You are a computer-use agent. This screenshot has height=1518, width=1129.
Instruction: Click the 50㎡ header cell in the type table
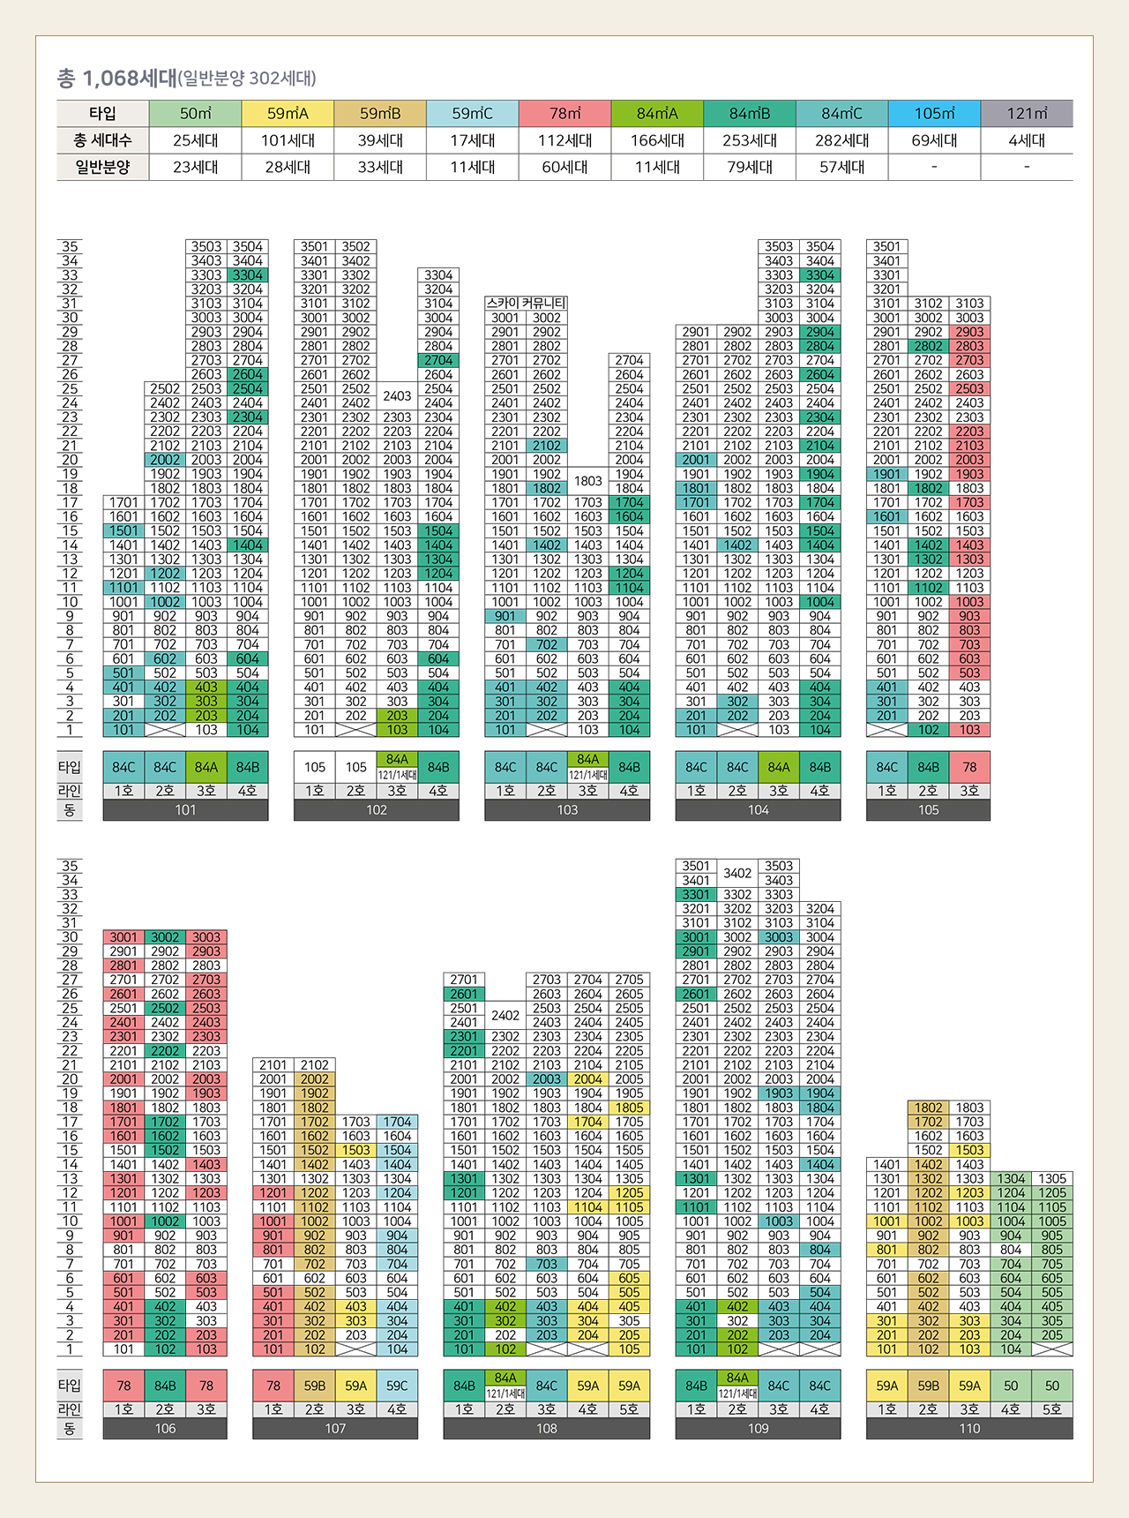pos(195,114)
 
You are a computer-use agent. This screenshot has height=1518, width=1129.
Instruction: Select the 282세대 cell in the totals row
pos(841,140)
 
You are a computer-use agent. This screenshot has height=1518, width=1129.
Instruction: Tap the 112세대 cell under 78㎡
pos(564,140)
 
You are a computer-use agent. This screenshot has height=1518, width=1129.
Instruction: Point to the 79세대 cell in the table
pos(750,167)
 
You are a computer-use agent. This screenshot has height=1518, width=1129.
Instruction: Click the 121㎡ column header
pos(1027,114)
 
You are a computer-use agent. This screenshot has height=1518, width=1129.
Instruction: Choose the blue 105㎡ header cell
pos(934,114)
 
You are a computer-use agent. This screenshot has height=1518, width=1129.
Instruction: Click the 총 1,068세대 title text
pos(117,79)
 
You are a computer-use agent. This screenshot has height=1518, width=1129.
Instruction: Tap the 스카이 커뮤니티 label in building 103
pos(526,303)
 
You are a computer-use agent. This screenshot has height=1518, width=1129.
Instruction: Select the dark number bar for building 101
pos(185,810)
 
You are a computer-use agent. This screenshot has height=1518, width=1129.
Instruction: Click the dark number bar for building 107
pos(335,1429)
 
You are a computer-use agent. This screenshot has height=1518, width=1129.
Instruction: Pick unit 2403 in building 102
pos(397,395)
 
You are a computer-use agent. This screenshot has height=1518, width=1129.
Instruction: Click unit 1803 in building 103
pos(587,481)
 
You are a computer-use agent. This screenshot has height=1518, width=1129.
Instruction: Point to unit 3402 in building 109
pos(737,873)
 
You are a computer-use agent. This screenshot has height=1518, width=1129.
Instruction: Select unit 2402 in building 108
pos(505,1015)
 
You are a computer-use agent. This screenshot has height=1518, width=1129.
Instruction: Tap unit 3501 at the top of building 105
pos(886,246)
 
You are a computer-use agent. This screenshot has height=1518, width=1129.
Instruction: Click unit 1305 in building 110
pos(1052,1178)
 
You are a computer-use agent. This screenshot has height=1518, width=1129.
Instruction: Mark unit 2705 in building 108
pos(629,979)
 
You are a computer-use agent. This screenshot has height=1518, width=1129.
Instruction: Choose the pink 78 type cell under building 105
pos(969,767)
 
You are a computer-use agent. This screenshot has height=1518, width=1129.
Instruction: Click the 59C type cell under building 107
pos(397,1386)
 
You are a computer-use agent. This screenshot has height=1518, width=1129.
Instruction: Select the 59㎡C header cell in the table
pos(472,114)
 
